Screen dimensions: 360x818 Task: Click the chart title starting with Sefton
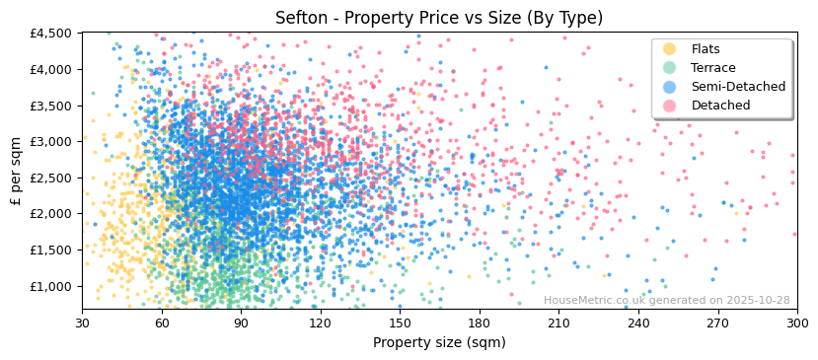click(x=439, y=18)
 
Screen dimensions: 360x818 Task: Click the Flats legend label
click(x=706, y=49)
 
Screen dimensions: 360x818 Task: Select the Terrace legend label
click(x=713, y=68)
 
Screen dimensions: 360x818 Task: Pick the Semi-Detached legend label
click(x=738, y=87)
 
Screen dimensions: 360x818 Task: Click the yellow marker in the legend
click(x=670, y=49)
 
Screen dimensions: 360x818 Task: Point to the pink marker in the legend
click(x=670, y=106)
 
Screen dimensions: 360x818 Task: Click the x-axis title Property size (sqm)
click(x=439, y=343)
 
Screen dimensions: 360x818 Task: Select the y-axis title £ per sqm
click(x=16, y=171)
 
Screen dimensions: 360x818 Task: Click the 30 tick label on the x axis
click(x=82, y=323)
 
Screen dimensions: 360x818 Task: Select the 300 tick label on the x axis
click(x=797, y=323)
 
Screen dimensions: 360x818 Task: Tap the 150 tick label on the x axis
click(x=400, y=323)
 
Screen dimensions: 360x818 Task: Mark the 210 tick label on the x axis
click(x=558, y=323)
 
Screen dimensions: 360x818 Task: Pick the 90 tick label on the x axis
click(x=241, y=323)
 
